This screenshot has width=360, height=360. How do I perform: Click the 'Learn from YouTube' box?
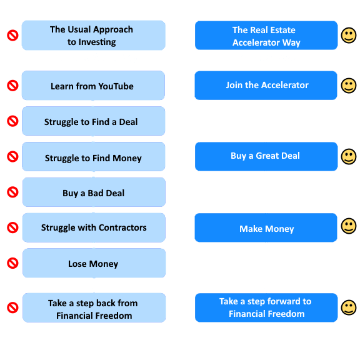coord(93,86)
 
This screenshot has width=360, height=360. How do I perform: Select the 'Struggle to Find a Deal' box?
coord(94,121)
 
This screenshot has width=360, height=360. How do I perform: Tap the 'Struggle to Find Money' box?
coord(94,157)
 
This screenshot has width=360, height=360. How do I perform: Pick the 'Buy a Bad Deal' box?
coord(94,192)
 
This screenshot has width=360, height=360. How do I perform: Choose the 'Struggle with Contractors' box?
coord(94,227)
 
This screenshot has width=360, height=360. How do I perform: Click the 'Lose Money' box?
coord(94,263)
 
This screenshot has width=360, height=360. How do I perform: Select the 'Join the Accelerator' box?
coord(266,86)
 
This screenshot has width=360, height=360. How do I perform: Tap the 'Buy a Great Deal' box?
coord(266,157)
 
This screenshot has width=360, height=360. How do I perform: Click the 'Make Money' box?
coord(266,227)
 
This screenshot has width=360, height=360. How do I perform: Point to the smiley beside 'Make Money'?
coord(349,226)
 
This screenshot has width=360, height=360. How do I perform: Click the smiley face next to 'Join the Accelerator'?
coord(349,86)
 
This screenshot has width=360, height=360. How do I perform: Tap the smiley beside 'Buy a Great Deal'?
coord(349,157)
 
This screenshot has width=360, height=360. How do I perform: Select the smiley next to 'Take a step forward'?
coord(349,307)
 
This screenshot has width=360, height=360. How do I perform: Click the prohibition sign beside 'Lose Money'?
coord(12,263)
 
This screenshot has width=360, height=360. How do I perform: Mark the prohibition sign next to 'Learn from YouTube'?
coord(12,86)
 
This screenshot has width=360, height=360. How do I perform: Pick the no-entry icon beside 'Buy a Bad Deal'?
coord(12,192)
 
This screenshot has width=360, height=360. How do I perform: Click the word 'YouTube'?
coord(116,86)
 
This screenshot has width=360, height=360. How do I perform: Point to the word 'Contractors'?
coord(122,227)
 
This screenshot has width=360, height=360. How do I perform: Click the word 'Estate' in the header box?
coord(281,30)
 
